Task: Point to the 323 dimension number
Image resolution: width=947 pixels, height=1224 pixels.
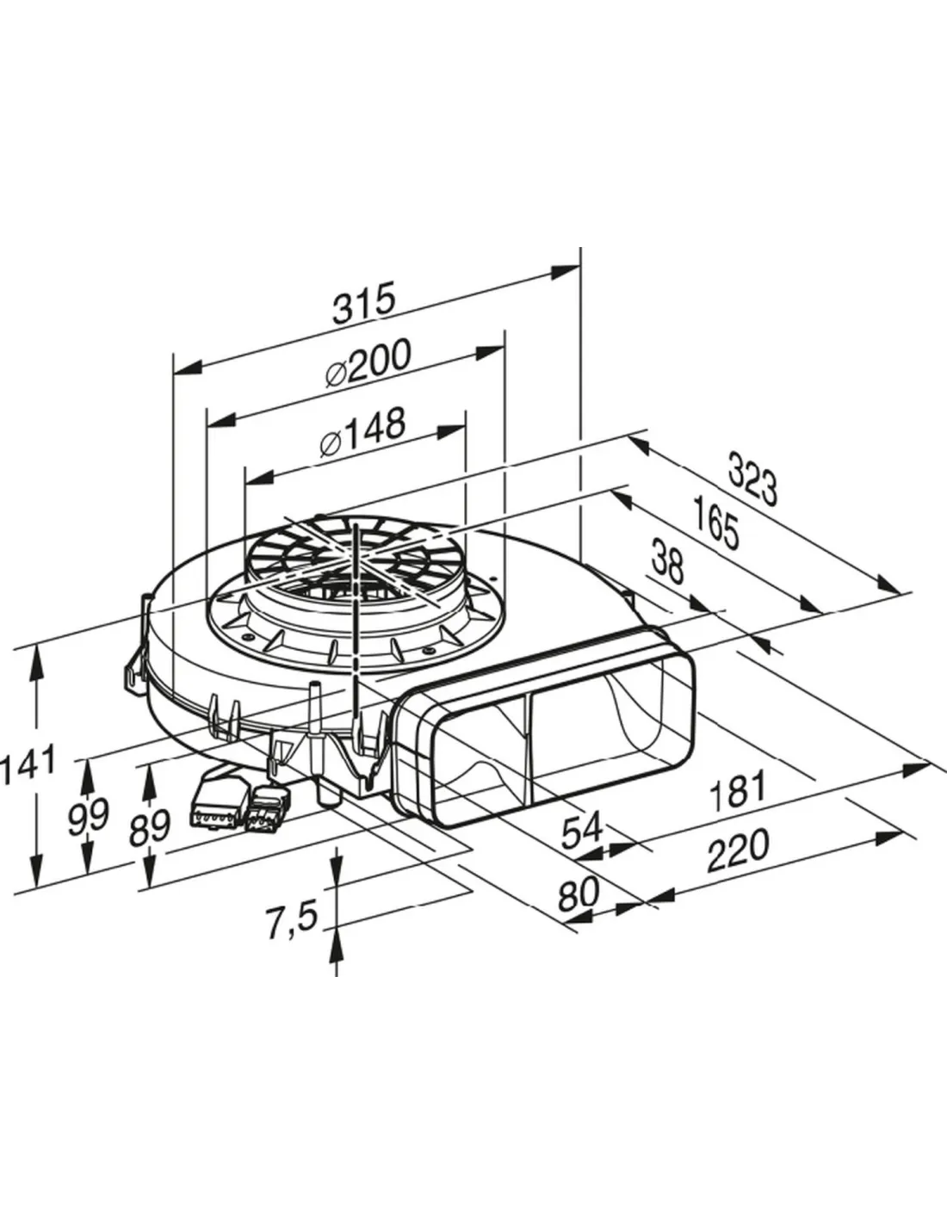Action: tap(752, 477)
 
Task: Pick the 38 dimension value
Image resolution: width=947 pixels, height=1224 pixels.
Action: tap(668, 560)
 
